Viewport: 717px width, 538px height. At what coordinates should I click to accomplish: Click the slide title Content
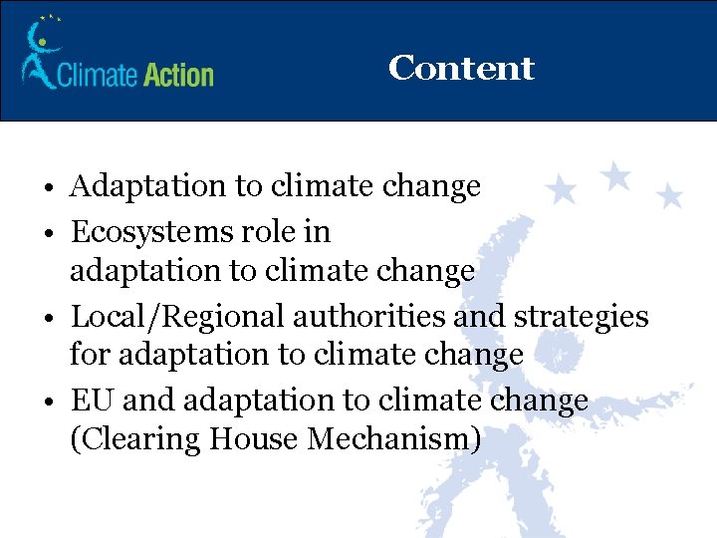(461, 68)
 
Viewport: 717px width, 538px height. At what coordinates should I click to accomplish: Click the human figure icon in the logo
(40, 55)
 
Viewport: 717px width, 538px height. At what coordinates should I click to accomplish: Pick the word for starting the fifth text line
(87, 354)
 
